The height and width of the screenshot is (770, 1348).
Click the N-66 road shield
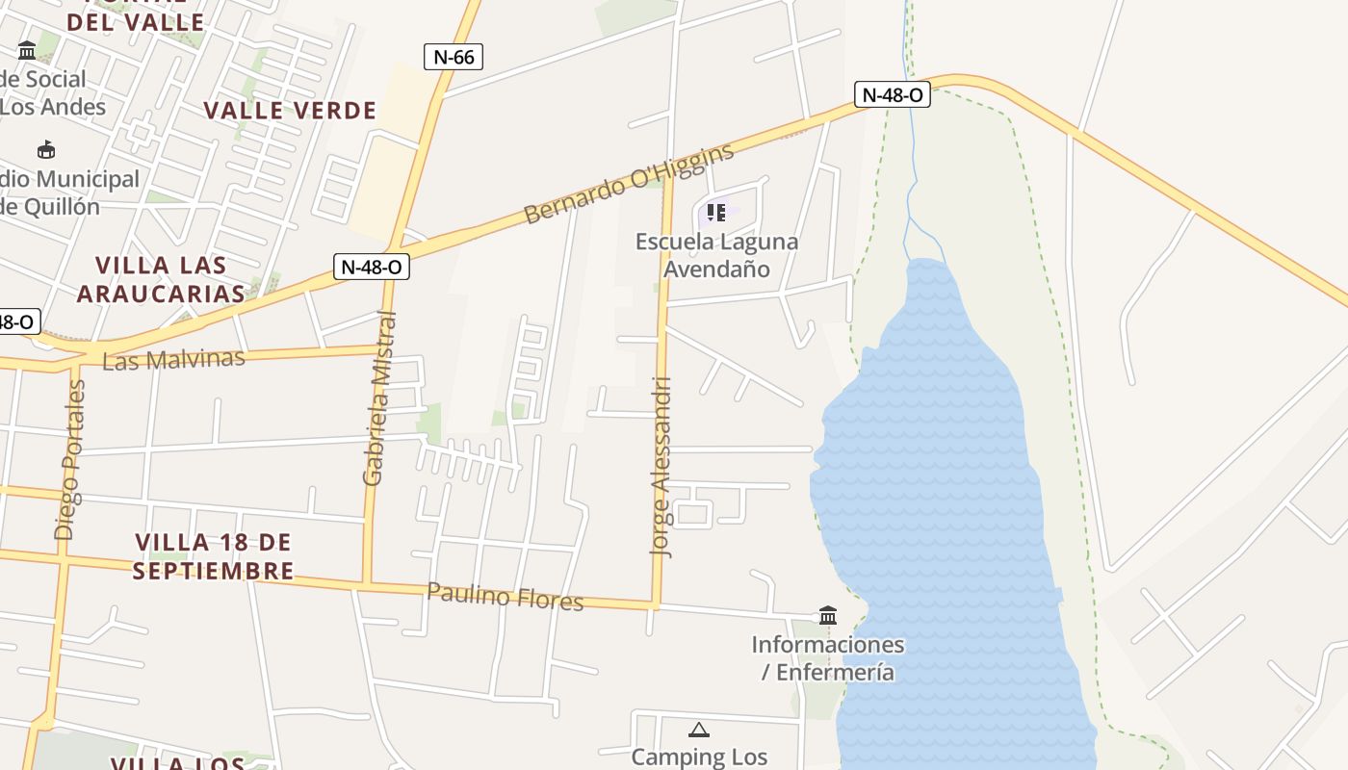454,57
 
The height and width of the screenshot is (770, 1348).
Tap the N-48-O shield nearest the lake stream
892,94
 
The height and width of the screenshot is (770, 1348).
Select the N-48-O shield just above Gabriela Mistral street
372,267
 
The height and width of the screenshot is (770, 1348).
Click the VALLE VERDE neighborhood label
290,111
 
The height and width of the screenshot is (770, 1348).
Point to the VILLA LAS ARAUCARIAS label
161,279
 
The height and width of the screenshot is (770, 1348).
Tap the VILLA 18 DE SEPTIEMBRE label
213,556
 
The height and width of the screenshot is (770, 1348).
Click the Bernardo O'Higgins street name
628,182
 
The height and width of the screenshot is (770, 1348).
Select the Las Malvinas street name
173,360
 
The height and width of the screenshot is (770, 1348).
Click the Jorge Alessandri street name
662,467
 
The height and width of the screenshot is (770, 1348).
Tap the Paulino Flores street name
505,597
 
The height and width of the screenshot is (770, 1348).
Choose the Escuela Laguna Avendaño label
717,255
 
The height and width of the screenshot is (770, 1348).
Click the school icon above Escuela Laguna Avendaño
715,212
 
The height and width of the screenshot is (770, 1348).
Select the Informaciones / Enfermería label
828,657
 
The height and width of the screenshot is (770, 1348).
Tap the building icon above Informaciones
828,614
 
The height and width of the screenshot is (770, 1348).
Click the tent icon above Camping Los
699,730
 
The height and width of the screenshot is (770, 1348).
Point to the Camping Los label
699,757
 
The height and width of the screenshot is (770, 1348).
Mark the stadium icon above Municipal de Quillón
45,149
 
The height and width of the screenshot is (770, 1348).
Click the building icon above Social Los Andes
27,50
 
